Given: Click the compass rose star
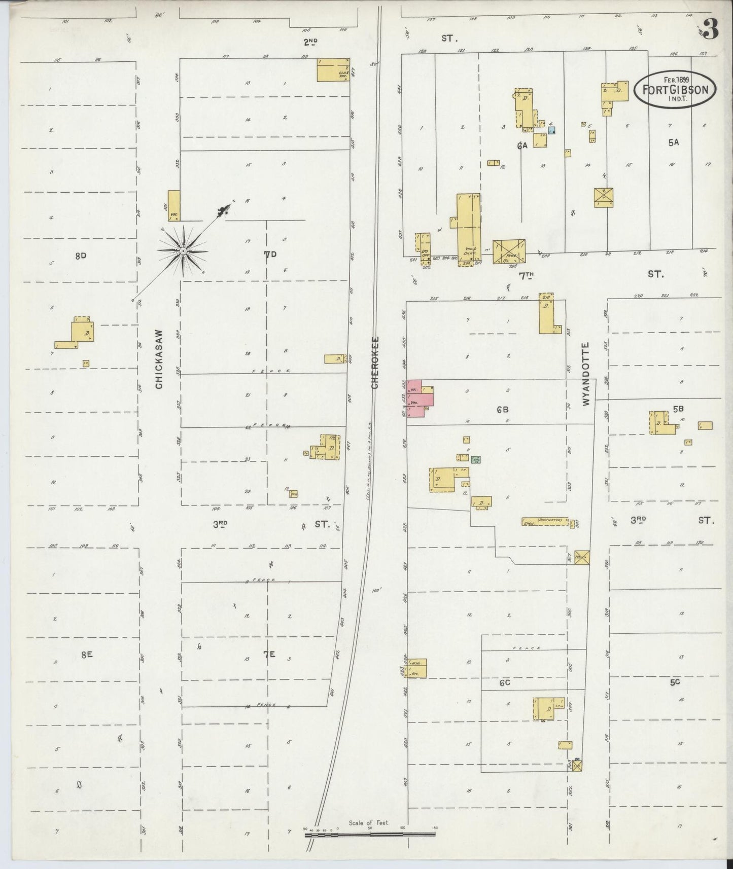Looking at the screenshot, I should [183, 251].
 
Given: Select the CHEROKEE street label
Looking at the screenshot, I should [375, 362].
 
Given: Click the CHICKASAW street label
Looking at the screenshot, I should [159, 358].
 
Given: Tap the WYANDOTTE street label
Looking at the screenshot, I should [587, 373].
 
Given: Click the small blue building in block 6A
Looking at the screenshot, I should [552, 130].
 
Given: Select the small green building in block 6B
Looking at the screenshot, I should [475, 459].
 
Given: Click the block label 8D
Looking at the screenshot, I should [80, 256].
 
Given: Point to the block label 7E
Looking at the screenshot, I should [269, 655].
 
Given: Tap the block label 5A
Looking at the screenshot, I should [673, 142].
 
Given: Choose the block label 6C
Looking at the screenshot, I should [504, 683].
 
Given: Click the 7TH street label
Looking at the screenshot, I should [526, 275].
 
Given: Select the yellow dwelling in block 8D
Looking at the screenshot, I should [81, 334].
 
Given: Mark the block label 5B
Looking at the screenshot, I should [678, 408].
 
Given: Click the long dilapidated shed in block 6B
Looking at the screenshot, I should [545, 521].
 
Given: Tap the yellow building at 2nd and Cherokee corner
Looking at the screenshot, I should [333, 70].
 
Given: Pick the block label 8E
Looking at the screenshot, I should [86, 655].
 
